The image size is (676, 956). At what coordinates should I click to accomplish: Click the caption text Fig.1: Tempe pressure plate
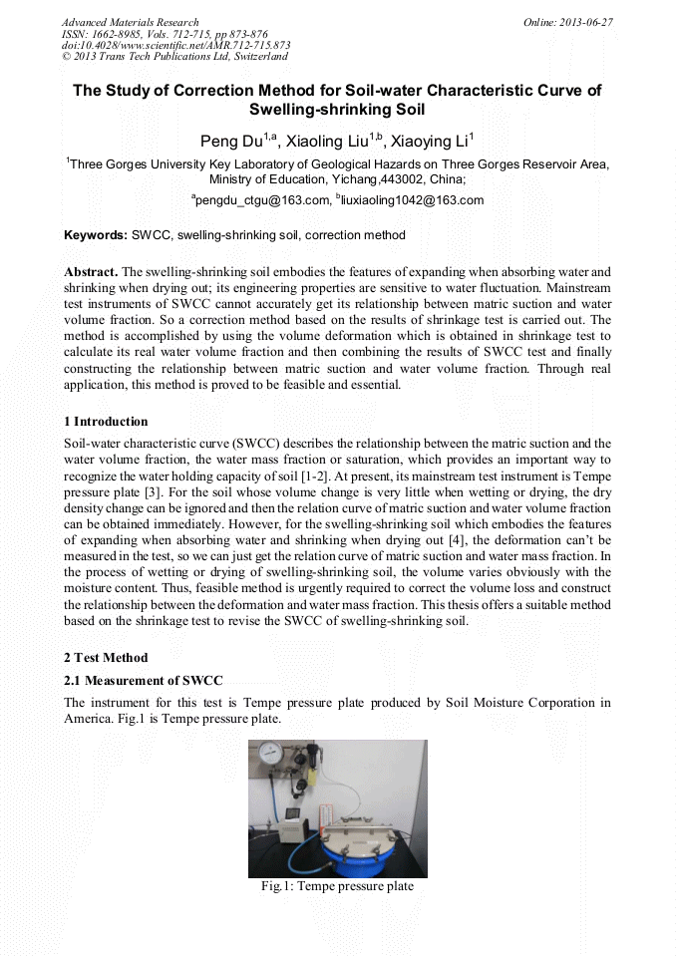[337, 886]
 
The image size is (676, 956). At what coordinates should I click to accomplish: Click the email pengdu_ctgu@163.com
[261, 200]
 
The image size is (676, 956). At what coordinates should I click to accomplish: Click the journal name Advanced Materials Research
[130, 22]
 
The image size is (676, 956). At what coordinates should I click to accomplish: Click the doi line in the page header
[175, 46]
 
